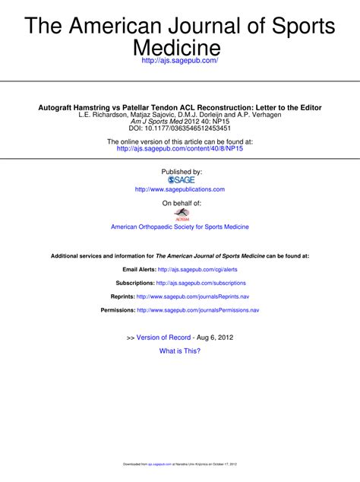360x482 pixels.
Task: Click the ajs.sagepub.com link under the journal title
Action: tap(180, 59)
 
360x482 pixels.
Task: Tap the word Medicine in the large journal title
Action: tap(180, 47)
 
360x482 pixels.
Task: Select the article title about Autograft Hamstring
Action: tap(180, 107)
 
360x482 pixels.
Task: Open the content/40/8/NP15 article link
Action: tap(180, 149)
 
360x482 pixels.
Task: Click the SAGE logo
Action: tap(181, 180)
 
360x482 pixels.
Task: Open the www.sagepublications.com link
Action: tap(180, 189)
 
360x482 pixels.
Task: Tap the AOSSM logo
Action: tap(181, 215)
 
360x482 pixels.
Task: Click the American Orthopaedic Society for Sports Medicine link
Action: tap(180, 227)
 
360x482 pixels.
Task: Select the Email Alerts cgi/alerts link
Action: tap(197, 269)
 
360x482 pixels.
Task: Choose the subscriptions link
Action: tap(201, 283)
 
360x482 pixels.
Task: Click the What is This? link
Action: tap(180, 350)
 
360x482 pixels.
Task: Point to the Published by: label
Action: tap(181, 172)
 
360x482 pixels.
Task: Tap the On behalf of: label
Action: tap(181, 204)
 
